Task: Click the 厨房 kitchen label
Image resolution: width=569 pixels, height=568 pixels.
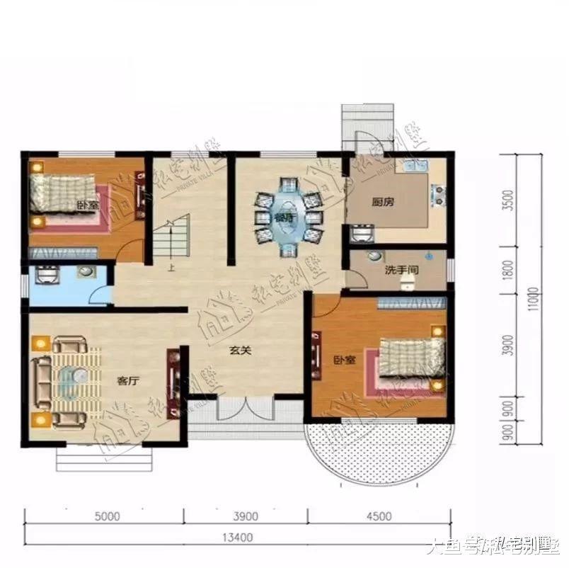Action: pyautogui.click(x=383, y=202)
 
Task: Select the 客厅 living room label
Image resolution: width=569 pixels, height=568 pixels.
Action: pyautogui.click(x=127, y=380)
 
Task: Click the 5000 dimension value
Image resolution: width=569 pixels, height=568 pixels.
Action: pyautogui.click(x=105, y=516)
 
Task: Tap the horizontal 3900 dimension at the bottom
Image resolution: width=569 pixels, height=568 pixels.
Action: pyautogui.click(x=246, y=516)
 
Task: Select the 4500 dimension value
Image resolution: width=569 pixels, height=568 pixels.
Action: pyautogui.click(x=380, y=516)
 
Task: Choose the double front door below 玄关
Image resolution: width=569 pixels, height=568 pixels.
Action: pyautogui.click(x=245, y=410)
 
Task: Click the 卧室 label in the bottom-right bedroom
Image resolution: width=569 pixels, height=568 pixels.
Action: pyautogui.click(x=344, y=360)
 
